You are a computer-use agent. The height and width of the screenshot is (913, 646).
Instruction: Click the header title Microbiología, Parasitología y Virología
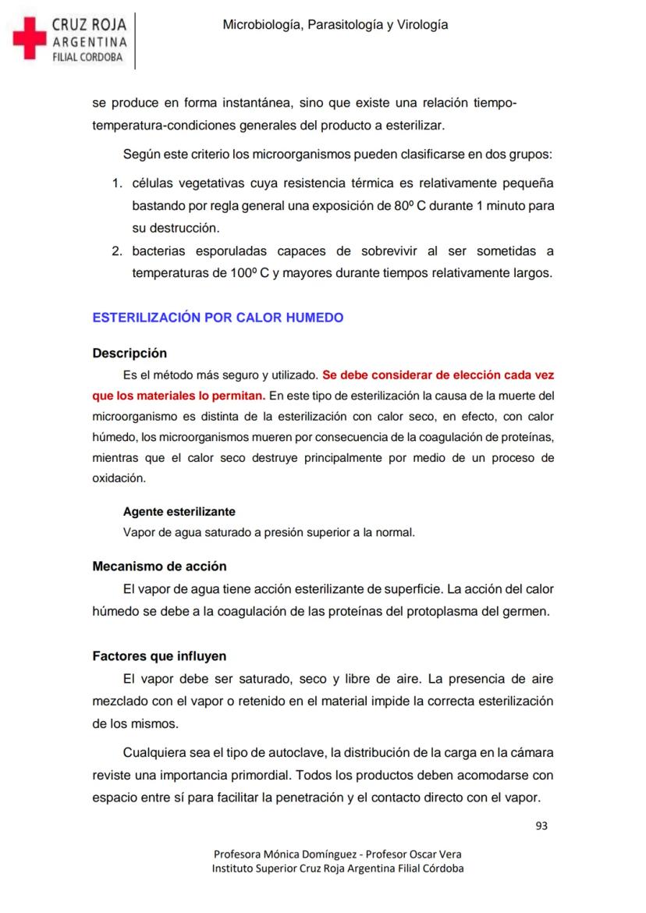click(335, 25)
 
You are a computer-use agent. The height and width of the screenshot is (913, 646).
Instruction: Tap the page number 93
click(541, 826)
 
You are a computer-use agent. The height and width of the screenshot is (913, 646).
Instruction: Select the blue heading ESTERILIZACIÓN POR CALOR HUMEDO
click(218, 318)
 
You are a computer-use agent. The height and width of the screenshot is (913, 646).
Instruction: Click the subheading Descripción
click(130, 353)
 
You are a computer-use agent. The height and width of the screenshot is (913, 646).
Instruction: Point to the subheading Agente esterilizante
click(179, 512)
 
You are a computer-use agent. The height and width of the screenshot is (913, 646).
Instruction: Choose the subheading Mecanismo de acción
click(159, 566)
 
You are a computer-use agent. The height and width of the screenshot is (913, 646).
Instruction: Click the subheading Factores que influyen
click(159, 656)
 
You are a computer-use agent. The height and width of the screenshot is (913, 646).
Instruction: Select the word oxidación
click(119, 478)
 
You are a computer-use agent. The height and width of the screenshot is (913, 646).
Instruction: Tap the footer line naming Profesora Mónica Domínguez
click(337, 854)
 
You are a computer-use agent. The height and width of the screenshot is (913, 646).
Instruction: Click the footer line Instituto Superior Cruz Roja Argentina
click(337, 869)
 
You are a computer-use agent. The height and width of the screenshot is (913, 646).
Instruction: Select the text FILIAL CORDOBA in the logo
click(87, 57)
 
